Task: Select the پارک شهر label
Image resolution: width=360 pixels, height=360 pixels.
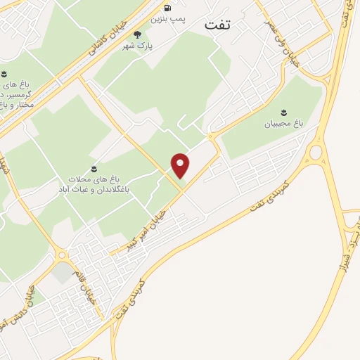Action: (x=139, y=45)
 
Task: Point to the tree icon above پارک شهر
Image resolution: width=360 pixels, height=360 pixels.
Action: (x=137, y=34)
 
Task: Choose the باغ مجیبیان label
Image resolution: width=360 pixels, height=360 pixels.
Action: (x=283, y=124)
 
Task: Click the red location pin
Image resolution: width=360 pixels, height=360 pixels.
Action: (x=181, y=165)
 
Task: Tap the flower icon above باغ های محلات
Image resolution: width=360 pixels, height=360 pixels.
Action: (x=93, y=168)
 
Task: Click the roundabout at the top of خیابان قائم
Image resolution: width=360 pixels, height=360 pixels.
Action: (x=62, y=255)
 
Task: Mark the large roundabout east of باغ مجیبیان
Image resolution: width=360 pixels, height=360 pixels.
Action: (x=315, y=152)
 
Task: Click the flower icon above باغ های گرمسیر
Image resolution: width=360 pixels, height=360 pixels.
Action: (x=4, y=73)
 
